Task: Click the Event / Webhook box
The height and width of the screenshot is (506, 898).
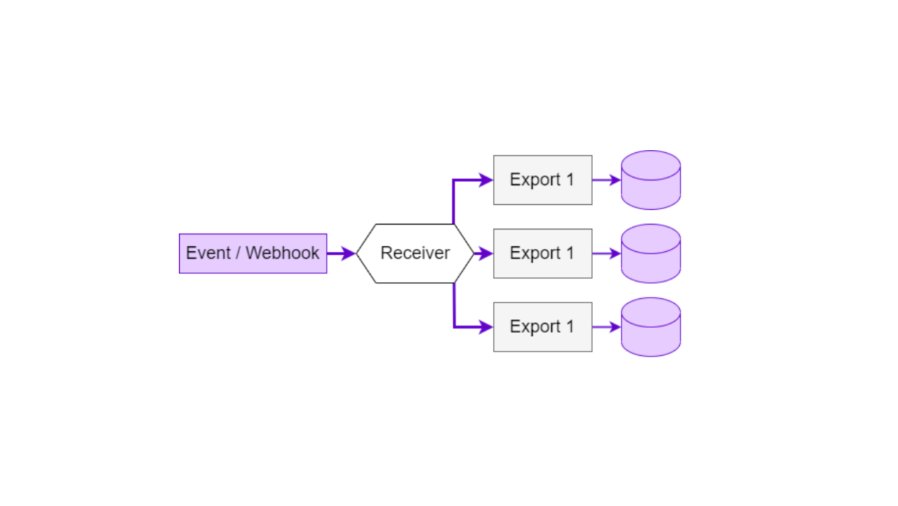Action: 253,253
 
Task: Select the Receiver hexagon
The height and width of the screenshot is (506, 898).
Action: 415,253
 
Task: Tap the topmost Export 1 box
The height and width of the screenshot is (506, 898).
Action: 542,180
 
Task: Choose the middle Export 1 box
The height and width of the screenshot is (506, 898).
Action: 542,253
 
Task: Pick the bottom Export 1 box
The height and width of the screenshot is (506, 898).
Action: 542,327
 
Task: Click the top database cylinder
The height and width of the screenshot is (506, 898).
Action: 650,181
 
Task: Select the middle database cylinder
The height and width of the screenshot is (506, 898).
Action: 650,255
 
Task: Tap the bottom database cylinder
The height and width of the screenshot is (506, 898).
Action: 650,328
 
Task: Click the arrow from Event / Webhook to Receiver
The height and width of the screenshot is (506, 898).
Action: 340,253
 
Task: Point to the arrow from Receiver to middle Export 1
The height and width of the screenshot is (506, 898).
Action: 483,253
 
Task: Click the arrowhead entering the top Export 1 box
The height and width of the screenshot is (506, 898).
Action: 486,180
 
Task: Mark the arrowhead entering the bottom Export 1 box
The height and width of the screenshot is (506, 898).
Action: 486,327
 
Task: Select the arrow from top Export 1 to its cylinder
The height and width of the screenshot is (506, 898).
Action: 605,180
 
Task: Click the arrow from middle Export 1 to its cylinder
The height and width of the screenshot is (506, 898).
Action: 605,253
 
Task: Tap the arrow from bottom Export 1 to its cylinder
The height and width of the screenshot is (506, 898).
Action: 605,327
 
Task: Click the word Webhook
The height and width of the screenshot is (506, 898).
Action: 283,253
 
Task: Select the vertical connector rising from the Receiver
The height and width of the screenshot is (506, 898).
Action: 454,202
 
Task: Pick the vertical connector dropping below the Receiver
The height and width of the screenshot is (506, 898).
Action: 454,305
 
